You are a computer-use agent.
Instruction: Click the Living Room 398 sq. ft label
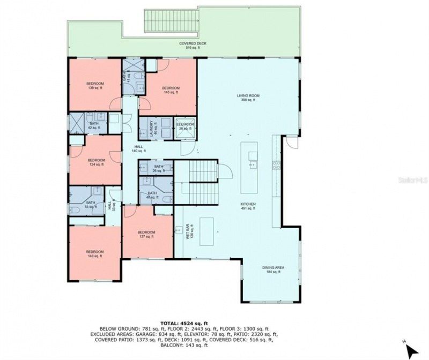tap(250, 97)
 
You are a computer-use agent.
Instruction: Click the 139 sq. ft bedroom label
tap(95, 86)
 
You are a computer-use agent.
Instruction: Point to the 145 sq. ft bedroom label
tap(171, 90)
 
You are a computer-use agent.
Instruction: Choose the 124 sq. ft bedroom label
tap(97, 162)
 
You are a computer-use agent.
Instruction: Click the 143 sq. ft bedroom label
tap(94, 254)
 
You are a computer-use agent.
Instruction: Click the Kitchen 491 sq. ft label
tap(248, 206)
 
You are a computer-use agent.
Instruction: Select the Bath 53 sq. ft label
tap(91, 204)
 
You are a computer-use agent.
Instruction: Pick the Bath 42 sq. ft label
tap(94, 126)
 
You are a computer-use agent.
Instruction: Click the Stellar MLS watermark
tap(415, 182)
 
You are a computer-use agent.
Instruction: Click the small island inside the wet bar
tap(206, 230)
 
